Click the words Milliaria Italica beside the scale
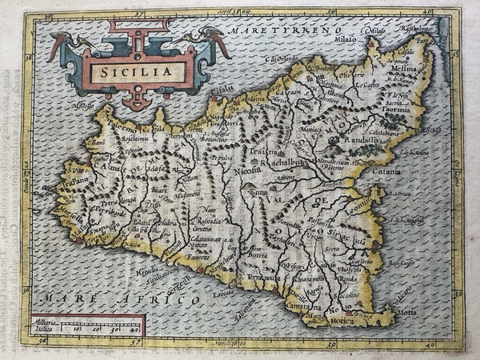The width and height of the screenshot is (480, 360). click(x=46, y=326)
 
